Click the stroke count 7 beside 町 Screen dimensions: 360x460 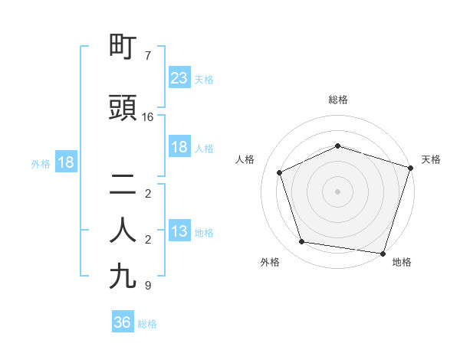pos(148,56)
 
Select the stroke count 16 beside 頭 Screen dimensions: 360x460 pos(148,117)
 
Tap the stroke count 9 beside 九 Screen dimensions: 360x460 pos(148,286)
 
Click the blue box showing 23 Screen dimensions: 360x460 pos(179,78)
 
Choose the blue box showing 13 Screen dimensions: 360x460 pos(179,231)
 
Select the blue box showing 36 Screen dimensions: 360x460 pos(122,322)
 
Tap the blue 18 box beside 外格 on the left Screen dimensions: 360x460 pos(65,162)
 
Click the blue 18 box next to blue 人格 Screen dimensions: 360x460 pos(179,147)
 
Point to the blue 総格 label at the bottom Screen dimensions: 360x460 pos(147,324)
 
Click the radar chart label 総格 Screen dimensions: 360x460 pos(338,100)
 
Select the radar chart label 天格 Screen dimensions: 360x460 pos(432,159)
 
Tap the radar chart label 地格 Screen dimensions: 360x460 pos(402,262)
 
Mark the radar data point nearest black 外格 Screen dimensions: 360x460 pos(302,242)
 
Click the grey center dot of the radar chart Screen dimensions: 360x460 pos(338,191)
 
